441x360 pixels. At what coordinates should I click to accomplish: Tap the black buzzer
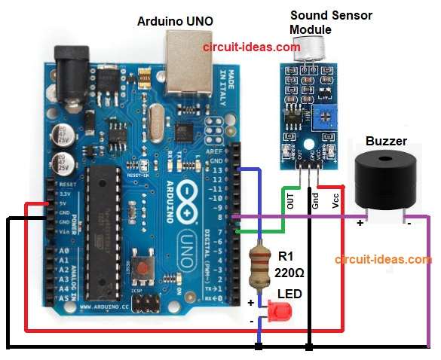click(x=387, y=180)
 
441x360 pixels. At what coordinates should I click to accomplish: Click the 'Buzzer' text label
click(x=386, y=141)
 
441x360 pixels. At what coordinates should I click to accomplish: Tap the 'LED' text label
click(x=290, y=293)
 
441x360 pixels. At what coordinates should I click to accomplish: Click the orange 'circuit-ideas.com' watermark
click(x=384, y=259)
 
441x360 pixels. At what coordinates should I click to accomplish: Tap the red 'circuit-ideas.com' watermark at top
click(x=251, y=46)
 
